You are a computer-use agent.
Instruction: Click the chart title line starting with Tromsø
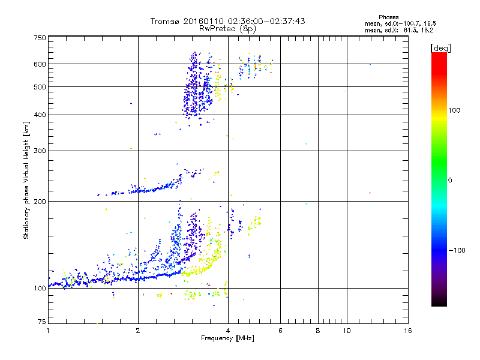227,21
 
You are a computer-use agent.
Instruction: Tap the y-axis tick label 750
40,38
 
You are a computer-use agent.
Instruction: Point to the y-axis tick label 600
40,64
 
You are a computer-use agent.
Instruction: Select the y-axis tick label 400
40,115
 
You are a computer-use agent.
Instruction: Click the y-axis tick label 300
40,151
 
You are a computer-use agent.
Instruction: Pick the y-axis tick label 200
40,202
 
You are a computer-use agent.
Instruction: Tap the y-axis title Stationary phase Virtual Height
26,180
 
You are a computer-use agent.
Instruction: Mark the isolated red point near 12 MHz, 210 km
370,193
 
